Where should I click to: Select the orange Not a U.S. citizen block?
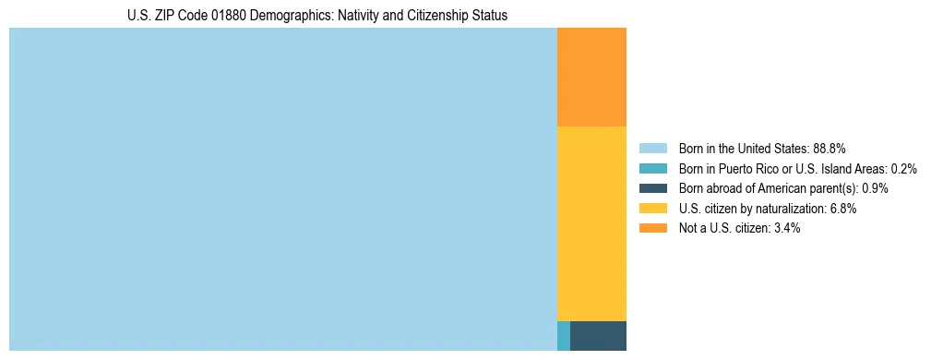pos(591,77)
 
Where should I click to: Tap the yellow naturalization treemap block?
pos(591,223)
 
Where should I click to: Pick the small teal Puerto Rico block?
pos(564,336)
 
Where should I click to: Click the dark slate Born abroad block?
pos(598,336)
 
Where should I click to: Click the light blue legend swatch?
pos(653,149)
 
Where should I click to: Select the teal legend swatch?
pos(653,169)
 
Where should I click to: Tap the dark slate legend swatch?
pos(653,188)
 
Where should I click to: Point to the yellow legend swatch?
pos(653,209)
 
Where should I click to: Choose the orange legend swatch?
pos(653,228)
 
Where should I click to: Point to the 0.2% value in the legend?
pos(904,169)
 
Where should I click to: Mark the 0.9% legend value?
pos(875,188)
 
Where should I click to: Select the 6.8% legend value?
pos(844,209)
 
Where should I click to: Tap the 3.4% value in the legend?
pos(785,228)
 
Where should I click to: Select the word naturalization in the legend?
pos(792,209)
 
